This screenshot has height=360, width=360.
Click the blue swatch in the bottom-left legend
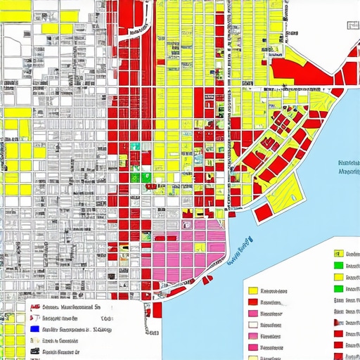pos(33,329)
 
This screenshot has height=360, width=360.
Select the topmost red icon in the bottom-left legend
pos(32,307)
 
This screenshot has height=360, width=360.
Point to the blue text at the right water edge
pos(349,166)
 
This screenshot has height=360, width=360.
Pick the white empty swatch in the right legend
pos(254,326)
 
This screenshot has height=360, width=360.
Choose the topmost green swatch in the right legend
pos(338,265)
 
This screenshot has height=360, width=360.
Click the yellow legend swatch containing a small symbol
pos(338,253)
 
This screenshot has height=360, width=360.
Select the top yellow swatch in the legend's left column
pos(254,290)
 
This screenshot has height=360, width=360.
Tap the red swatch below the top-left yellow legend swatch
pos(254,302)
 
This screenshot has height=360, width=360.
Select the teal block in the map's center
pos(135,146)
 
